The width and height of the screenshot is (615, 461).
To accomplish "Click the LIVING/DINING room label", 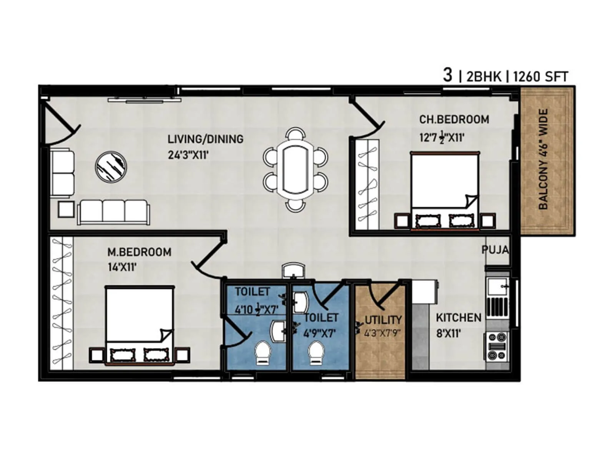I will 205,139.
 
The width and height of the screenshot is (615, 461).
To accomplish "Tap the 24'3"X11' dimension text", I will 188,155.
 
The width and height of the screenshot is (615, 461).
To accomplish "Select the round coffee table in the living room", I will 111,166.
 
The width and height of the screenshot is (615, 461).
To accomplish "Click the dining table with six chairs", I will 295,169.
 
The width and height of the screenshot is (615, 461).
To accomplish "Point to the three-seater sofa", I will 113,212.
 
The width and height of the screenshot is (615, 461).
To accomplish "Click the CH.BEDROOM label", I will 454,119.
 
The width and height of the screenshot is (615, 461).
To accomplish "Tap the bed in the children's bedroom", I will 445,191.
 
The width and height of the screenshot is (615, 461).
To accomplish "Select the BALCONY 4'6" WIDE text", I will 543,159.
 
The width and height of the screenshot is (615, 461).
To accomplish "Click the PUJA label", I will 495,250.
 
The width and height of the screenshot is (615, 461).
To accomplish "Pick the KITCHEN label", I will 459,318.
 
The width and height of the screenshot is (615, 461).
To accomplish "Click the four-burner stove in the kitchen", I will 496,346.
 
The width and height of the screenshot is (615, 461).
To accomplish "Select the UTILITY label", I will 383,320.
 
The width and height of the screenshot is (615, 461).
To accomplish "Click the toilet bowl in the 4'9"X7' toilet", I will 316,353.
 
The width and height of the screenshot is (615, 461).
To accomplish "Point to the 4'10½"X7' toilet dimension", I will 256,309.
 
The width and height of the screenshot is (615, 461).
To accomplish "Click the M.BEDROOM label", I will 139,252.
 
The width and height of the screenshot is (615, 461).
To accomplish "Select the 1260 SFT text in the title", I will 540,77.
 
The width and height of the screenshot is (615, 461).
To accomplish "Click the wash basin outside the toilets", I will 294,270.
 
